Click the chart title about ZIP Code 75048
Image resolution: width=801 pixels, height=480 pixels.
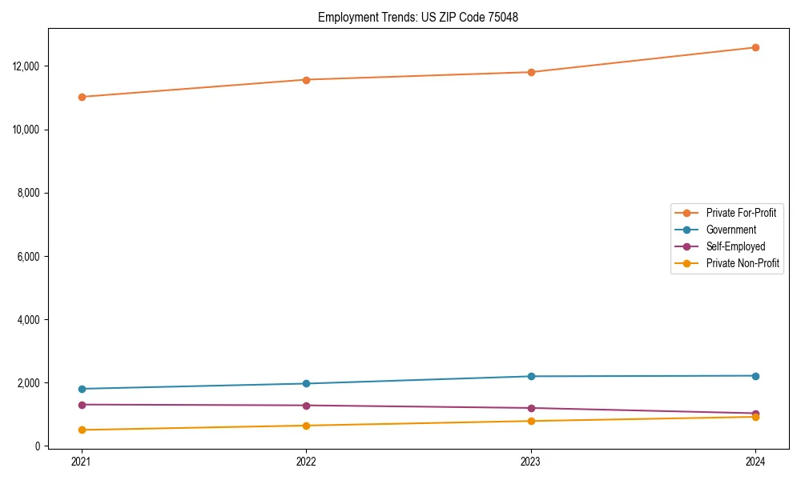pos(417,17)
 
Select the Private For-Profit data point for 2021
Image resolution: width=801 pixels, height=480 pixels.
pos(82,97)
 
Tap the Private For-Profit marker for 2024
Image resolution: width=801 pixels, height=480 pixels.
pos(755,47)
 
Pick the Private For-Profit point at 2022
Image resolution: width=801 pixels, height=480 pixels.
pos(306,80)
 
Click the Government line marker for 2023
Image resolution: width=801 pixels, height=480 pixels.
pos(531,376)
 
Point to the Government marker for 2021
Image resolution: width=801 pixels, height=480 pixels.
pos(82,389)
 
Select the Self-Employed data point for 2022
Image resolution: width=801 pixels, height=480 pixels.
pos(306,406)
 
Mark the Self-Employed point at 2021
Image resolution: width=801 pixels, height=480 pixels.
pos(82,405)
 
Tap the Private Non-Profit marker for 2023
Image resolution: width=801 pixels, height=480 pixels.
pos(531,421)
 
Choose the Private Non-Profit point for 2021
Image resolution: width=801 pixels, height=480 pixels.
pos(82,430)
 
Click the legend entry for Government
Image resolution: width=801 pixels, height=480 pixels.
pos(731,230)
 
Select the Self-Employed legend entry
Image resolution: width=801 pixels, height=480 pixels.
pos(735,246)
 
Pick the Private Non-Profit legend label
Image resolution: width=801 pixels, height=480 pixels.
pos(743,263)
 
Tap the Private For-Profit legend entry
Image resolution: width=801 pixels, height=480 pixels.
pos(741,213)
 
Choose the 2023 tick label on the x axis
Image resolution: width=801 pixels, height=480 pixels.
pos(531,461)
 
